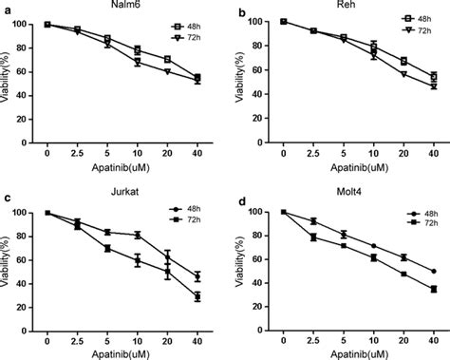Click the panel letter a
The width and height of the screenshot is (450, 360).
pyautogui.click(x=7, y=9)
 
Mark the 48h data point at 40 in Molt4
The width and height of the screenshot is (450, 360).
pyautogui.click(x=434, y=271)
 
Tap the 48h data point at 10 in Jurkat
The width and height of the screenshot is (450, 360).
pyautogui.click(x=138, y=235)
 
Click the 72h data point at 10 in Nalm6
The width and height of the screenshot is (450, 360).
pyautogui.click(x=138, y=63)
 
